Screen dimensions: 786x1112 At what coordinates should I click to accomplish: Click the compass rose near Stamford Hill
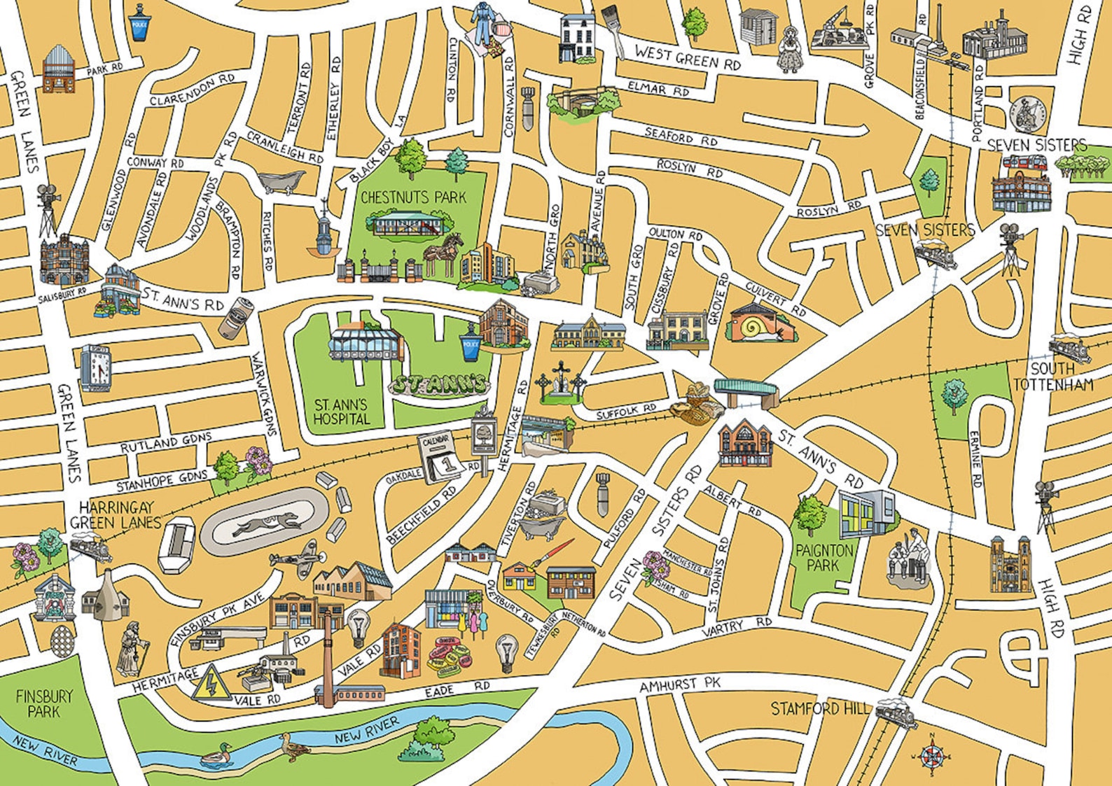[x=931, y=755]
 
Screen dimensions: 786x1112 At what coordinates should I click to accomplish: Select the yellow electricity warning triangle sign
[x=211, y=684]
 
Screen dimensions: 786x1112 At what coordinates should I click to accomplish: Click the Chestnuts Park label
[x=413, y=198]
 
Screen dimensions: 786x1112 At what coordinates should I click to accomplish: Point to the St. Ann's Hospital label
[x=341, y=412]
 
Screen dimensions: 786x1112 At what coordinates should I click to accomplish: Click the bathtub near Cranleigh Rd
[x=280, y=181]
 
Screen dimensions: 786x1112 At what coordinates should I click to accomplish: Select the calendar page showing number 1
[x=440, y=457]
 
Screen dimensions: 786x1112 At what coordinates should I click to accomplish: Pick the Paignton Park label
[x=824, y=557]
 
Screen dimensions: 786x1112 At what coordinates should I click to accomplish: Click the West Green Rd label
[x=687, y=57]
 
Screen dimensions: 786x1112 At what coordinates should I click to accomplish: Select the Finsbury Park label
[x=44, y=703]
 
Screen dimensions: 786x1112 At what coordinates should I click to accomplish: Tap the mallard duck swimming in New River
[x=216, y=755]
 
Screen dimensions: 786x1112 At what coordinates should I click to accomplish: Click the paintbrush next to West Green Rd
[x=613, y=31]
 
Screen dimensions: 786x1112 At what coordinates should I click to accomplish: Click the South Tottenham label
[x=1052, y=377]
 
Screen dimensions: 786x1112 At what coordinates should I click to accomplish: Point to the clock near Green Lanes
[x=95, y=367]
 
